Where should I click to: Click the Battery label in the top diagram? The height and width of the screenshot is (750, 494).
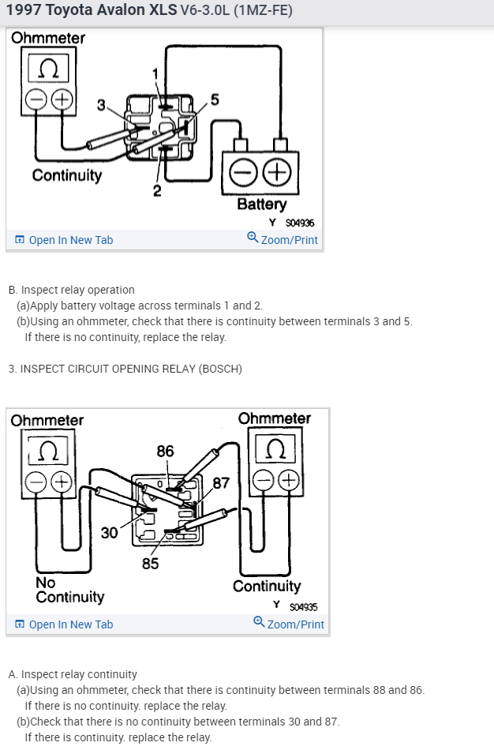260,204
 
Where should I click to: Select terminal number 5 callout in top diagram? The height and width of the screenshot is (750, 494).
215,99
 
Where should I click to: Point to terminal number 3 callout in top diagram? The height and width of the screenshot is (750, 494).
101,105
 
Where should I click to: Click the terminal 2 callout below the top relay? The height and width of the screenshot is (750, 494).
157,190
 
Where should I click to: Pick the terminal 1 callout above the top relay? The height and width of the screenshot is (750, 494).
156,73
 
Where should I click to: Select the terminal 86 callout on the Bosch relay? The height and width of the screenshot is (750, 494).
165,452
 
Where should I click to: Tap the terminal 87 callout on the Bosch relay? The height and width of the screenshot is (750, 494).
222,482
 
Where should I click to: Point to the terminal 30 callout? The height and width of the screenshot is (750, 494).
110,533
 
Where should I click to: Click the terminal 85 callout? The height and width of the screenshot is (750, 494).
150,563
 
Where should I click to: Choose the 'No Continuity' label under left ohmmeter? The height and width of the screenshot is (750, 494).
69,589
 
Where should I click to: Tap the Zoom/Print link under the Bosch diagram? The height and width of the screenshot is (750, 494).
289,624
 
